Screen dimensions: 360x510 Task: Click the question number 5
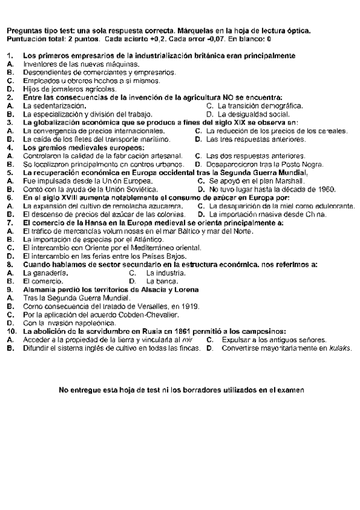pyautogui.click(x=9, y=172)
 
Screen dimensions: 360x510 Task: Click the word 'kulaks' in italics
pyautogui.click(x=340, y=348)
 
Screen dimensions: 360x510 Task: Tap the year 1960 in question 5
pyautogui.click(x=324, y=189)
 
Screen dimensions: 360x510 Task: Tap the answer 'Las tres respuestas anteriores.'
pyautogui.click(x=255, y=139)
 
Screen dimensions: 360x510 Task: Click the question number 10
pyautogui.click(x=11, y=331)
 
